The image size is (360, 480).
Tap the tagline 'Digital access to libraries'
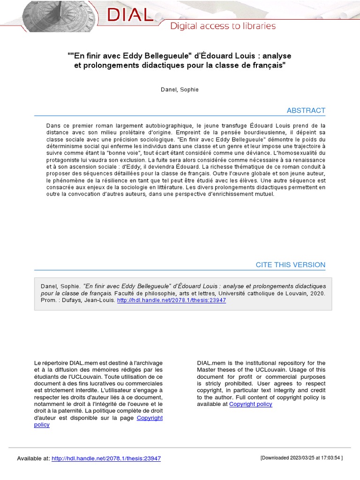coord(223,26)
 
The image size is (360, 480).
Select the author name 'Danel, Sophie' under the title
coord(180,90)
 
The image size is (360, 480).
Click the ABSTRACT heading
coord(306,111)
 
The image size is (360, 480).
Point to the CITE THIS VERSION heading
coord(290,265)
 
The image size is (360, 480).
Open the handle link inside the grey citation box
coord(171,300)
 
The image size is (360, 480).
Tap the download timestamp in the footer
coord(301,458)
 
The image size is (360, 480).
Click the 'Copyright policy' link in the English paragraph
coord(250,404)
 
